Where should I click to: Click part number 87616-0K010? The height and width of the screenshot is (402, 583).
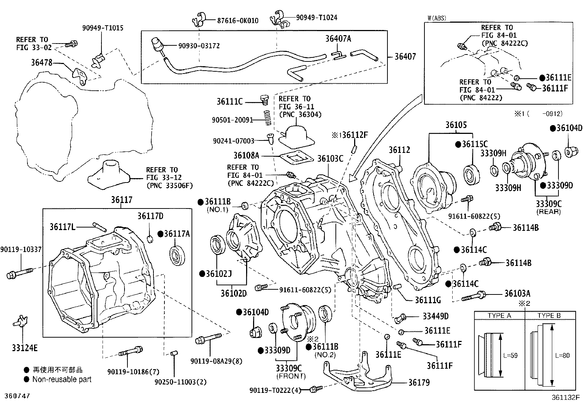click(x=237, y=21)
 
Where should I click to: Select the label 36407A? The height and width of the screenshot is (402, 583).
click(x=338, y=39)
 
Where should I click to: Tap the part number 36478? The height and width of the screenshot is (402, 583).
click(x=42, y=63)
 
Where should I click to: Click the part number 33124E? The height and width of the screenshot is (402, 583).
click(x=25, y=348)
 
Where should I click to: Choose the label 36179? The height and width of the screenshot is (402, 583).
click(x=419, y=383)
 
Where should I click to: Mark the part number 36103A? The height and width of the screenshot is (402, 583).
click(x=517, y=293)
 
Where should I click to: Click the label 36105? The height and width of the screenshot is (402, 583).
click(x=456, y=125)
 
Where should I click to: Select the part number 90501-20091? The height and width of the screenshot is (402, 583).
click(x=233, y=120)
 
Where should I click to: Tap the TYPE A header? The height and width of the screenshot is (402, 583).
click(x=499, y=316)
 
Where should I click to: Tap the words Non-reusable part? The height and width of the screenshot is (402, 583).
click(x=62, y=379)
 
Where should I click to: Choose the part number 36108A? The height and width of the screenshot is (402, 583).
click(x=246, y=155)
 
